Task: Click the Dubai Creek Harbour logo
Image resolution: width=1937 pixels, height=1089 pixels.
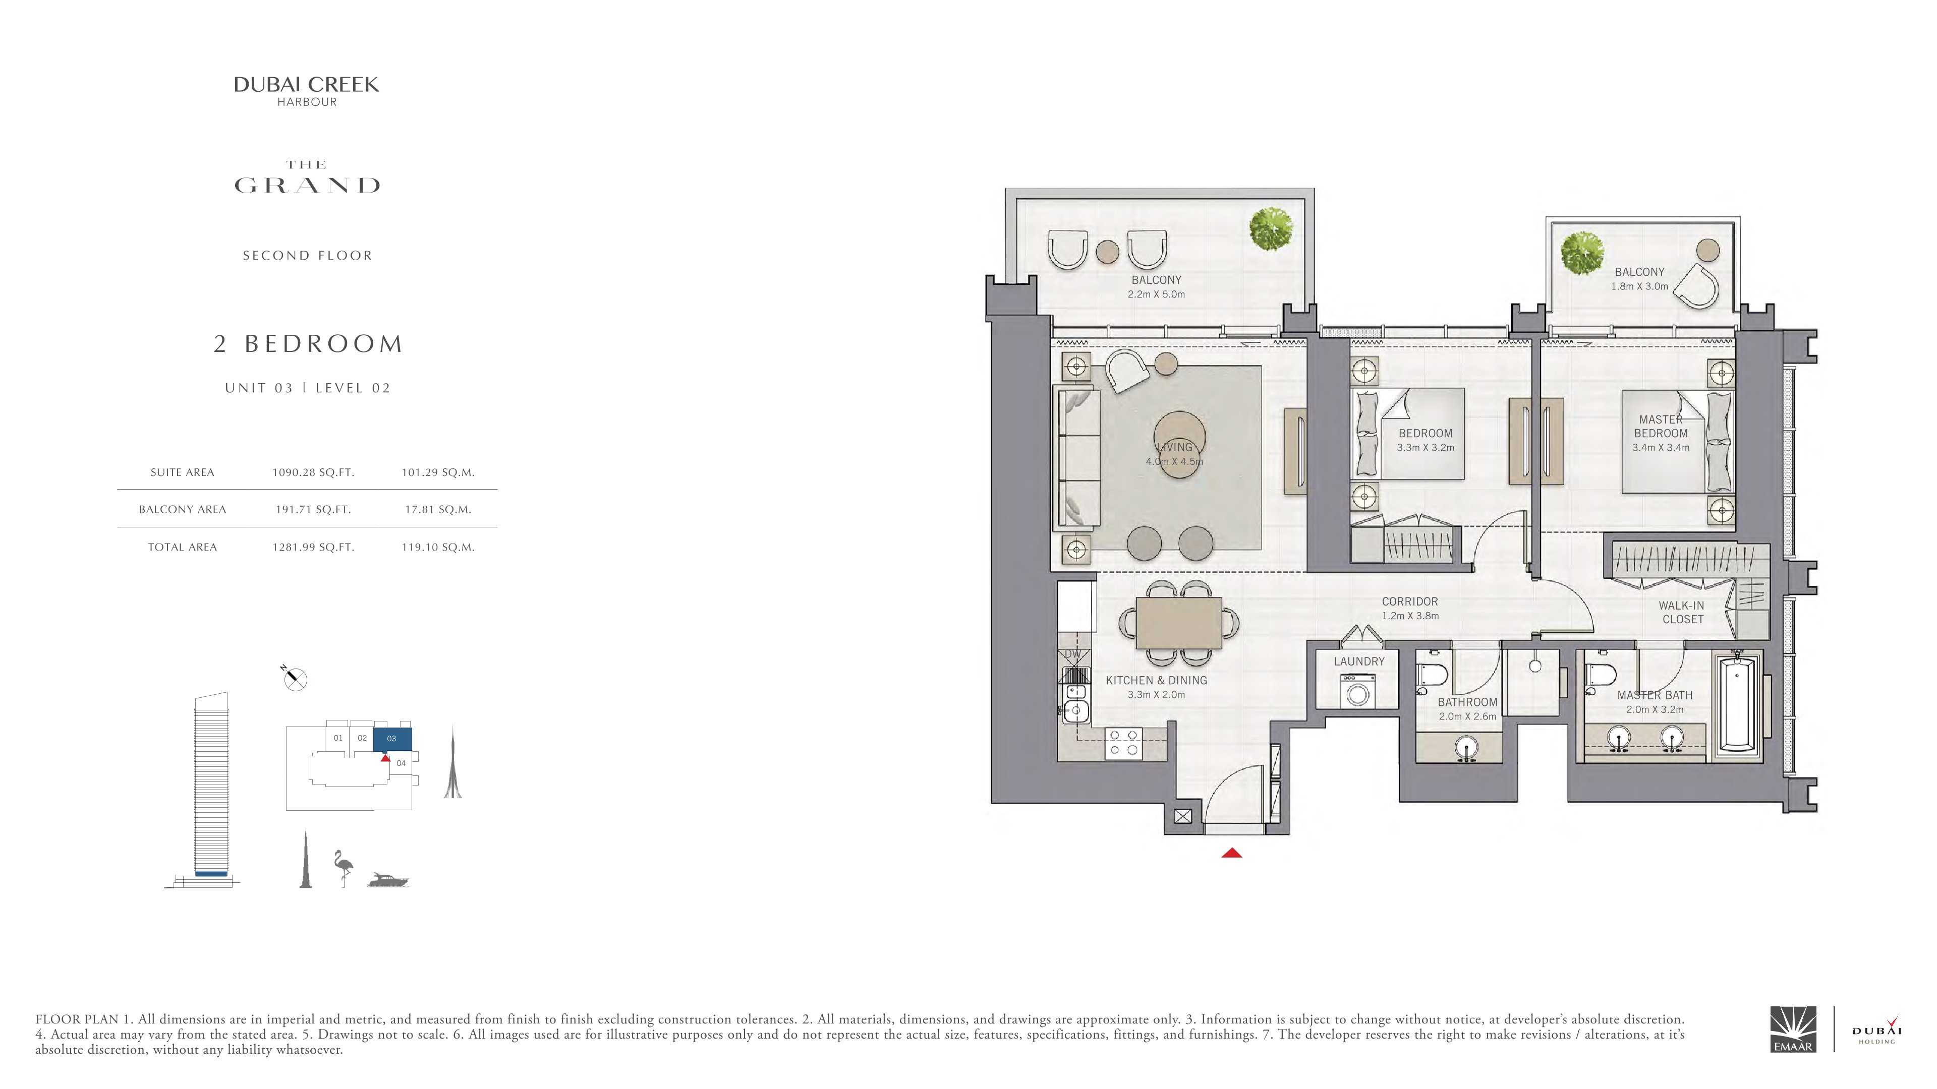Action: [306, 91]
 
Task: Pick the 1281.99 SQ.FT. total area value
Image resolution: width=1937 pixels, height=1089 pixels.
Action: [313, 547]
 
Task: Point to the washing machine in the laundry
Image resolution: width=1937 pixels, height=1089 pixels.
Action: [1357, 691]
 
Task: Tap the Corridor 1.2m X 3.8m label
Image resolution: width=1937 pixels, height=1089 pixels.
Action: [1410, 609]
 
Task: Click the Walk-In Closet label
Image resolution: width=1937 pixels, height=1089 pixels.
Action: [1683, 613]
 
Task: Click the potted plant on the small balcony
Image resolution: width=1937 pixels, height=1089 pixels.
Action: [1582, 253]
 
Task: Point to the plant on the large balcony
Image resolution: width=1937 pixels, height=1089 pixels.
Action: [1271, 228]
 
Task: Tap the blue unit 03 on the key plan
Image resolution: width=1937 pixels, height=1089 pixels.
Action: [392, 739]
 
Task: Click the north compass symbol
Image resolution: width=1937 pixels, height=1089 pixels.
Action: [295, 679]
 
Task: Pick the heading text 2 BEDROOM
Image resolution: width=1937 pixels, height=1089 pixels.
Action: [308, 343]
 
